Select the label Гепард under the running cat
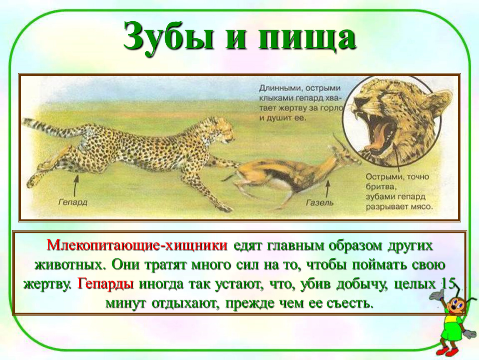click(73, 202)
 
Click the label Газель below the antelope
click(319, 202)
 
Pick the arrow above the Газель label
click(327, 189)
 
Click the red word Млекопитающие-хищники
click(137, 246)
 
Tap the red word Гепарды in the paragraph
click(106, 284)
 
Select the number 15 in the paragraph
click(448, 284)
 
